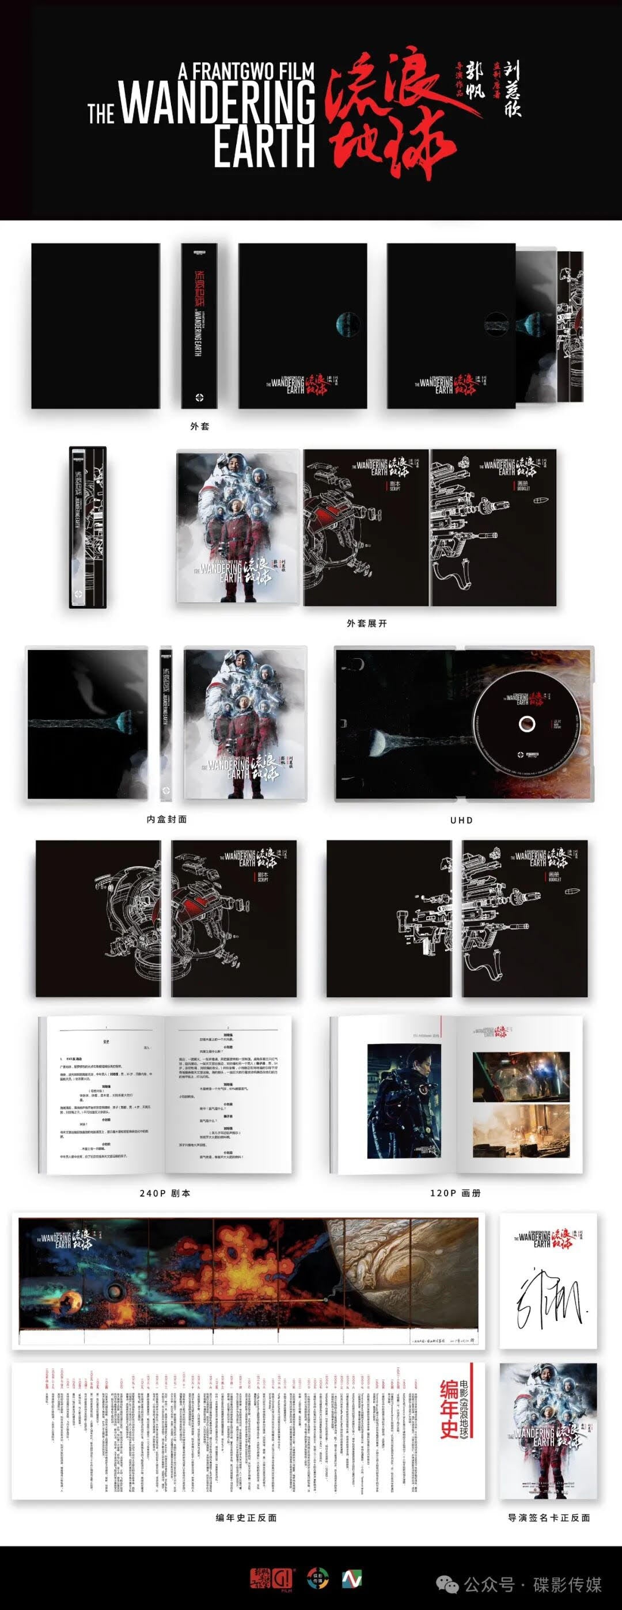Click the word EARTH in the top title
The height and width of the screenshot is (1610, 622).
point(264,146)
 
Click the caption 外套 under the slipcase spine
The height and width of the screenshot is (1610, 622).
point(199,426)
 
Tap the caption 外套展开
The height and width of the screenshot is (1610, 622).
point(367,623)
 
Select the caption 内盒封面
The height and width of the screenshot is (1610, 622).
point(166,819)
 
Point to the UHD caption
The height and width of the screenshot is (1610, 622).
point(461,820)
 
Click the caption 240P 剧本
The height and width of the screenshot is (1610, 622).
point(165,1193)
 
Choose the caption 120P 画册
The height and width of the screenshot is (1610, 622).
point(455,1193)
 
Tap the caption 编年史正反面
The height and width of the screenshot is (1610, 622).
point(246,1517)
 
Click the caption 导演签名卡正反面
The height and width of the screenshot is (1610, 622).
point(549,1517)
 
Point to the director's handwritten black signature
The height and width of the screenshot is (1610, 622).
point(548,1300)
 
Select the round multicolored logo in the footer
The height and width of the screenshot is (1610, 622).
point(318,1579)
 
